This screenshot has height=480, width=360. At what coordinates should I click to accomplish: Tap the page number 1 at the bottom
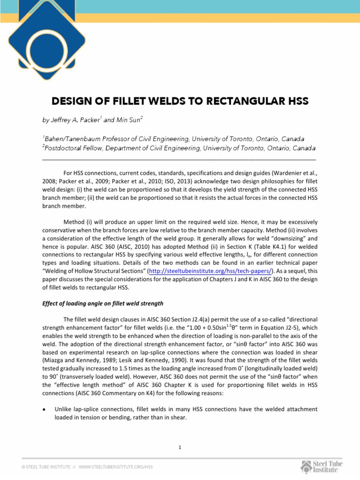click(x=180, y=447)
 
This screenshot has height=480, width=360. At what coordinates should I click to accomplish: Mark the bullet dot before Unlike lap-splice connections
click(x=44, y=409)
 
